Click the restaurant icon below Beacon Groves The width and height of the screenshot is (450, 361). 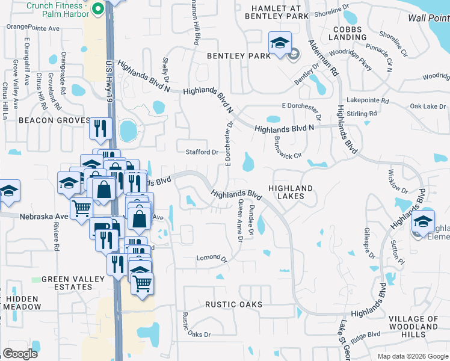100,128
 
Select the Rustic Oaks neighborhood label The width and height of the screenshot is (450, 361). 234,304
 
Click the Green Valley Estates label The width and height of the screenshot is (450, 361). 66,283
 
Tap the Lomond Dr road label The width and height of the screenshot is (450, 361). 211,259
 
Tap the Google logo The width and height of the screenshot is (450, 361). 20,354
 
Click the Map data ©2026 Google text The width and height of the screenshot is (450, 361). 412,356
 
